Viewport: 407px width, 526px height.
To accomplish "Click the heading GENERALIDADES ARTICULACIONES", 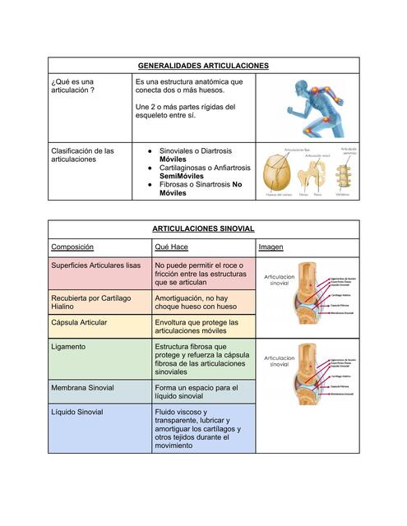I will pyautogui.click(x=203, y=66).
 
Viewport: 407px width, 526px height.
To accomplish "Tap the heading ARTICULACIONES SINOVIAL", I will pyautogui.click(x=203, y=228).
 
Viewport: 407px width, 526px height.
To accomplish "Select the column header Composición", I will pyautogui.click(x=72, y=247).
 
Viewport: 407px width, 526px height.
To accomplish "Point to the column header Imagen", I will pyautogui.click(x=271, y=247).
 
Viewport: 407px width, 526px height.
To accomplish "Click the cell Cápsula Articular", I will pyautogui.click(x=79, y=322).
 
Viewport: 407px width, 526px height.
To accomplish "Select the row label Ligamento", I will pyautogui.click(x=69, y=347).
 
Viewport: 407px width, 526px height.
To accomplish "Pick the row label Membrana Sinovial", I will pyautogui.click(x=82, y=387).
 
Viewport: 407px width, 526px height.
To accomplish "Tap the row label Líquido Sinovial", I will pyautogui.click(x=77, y=412).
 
